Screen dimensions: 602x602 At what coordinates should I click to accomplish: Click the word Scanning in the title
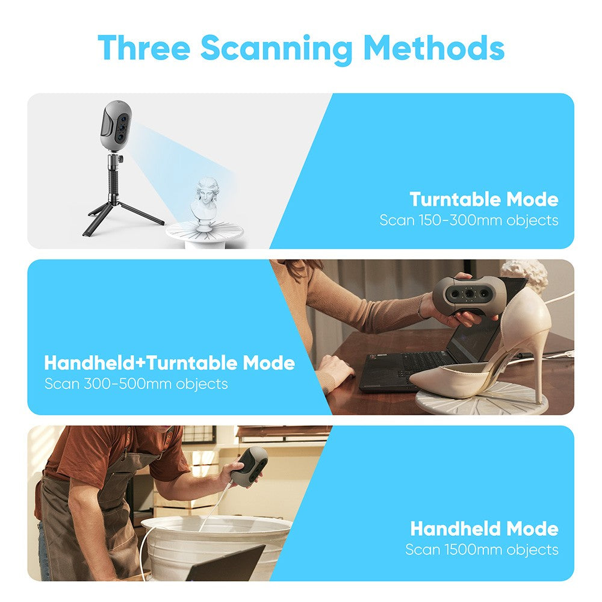(x=276, y=48)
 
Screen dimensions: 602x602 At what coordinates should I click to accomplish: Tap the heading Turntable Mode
(x=483, y=199)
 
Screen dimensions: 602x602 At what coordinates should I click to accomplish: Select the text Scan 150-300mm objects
(x=468, y=220)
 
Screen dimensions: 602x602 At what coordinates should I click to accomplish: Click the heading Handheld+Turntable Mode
(x=169, y=363)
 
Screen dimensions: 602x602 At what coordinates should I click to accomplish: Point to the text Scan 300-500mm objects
(x=136, y=383)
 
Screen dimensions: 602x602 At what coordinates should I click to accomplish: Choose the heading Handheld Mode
(x=484, y=529)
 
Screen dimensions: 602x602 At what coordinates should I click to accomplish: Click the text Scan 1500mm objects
(x=482, y=550)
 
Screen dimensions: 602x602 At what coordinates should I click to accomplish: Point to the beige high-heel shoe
(x=482, y=361)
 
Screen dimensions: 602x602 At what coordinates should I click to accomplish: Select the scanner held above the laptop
(x=467, y=296)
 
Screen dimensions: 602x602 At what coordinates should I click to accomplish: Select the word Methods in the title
(x=433, y=48)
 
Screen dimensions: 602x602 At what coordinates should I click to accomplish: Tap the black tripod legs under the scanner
(x=120, y=211)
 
